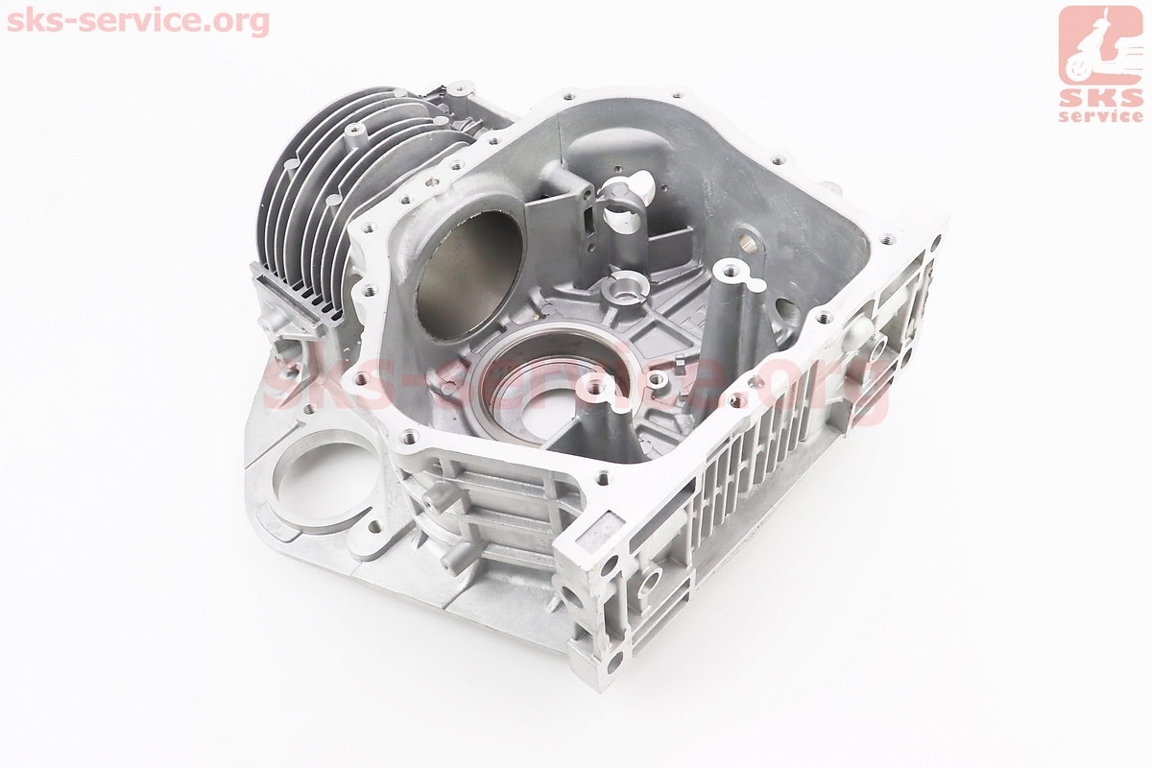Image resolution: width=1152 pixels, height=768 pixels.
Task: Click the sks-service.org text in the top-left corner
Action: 138,22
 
